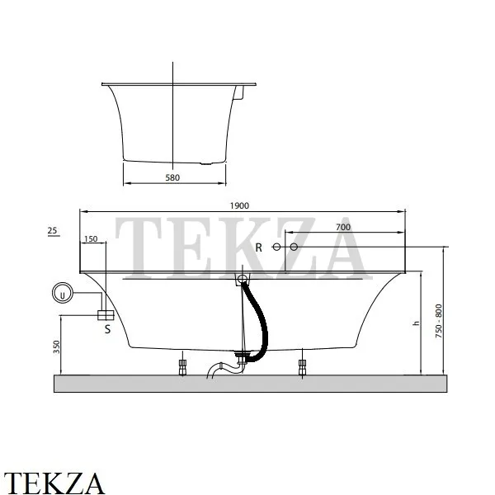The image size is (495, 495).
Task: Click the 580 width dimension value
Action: coord(172,177)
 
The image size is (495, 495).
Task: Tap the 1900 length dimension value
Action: coord(239,205)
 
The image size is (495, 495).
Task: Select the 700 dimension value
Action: coord(343,228)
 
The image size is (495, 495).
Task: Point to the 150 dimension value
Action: coord(91,239)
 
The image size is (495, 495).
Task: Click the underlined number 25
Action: coord(53,231)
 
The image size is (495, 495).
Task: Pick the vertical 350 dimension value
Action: coord(56,346)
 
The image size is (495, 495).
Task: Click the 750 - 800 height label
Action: coord(439,322)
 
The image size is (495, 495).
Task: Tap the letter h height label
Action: coord(417,323)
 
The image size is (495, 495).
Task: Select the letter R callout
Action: coord(258,247)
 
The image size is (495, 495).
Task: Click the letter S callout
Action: coord(107,329)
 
